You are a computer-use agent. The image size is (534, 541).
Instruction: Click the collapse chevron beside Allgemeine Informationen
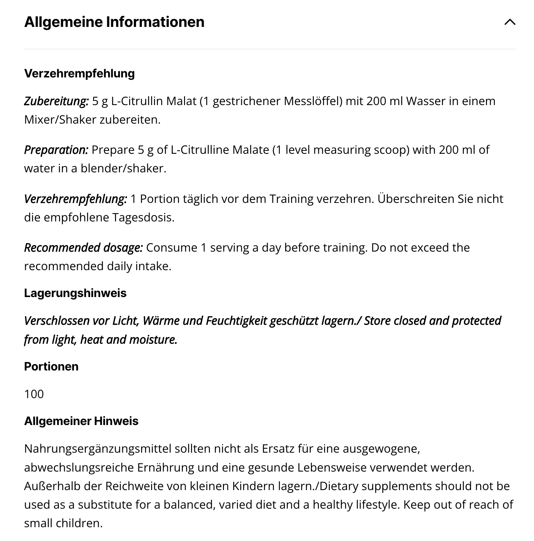[510, 22]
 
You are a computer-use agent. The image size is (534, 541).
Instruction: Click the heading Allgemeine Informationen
[114, 22]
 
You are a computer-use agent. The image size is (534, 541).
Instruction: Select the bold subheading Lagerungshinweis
[75, 293]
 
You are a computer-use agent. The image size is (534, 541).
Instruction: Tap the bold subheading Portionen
[51, 366]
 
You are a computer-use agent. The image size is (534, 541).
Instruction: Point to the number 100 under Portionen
[34, 394]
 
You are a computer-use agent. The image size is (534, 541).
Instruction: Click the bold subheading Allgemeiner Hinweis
[81, 421]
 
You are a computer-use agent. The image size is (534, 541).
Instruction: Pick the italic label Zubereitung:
[56, 101]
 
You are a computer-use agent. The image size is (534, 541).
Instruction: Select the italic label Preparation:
[56, 150]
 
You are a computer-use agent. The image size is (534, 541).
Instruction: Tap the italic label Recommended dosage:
[83, 248]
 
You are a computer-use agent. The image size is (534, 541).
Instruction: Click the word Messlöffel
[313, 101]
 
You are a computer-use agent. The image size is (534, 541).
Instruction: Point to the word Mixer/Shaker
[60, 120]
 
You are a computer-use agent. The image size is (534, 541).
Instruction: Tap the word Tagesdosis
[143, 217]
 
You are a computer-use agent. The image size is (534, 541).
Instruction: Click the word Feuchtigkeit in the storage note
[236, 321]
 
